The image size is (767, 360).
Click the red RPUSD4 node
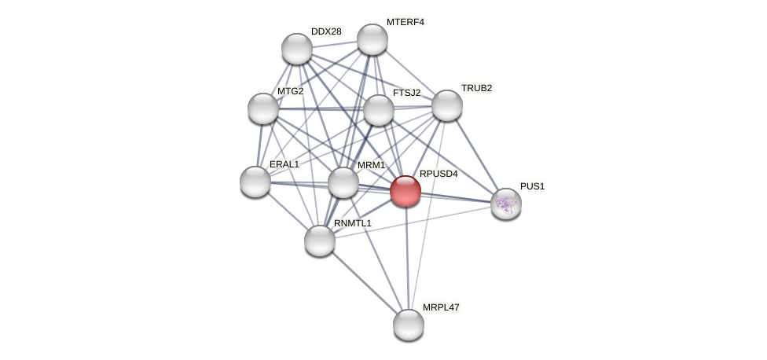406,191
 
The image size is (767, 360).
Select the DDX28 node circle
297,49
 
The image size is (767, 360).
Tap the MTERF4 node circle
372,39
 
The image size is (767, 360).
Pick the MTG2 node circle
263,108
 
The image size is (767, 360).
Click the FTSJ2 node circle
379,110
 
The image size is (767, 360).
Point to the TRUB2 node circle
447,105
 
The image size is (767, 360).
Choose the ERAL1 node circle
255,182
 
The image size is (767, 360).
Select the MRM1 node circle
343,182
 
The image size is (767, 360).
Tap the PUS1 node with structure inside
506,204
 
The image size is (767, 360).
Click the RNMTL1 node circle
320,241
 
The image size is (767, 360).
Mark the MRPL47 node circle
409,325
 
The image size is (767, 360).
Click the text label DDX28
326,31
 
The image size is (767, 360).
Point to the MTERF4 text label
405,22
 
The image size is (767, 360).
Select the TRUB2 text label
476,88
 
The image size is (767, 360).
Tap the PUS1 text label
532,186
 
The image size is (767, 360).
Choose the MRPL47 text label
441,307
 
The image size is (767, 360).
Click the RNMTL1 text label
352,223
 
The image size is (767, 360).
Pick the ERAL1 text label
284,164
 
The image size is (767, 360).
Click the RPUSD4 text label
439,174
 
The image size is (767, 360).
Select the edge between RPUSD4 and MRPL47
407,259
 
